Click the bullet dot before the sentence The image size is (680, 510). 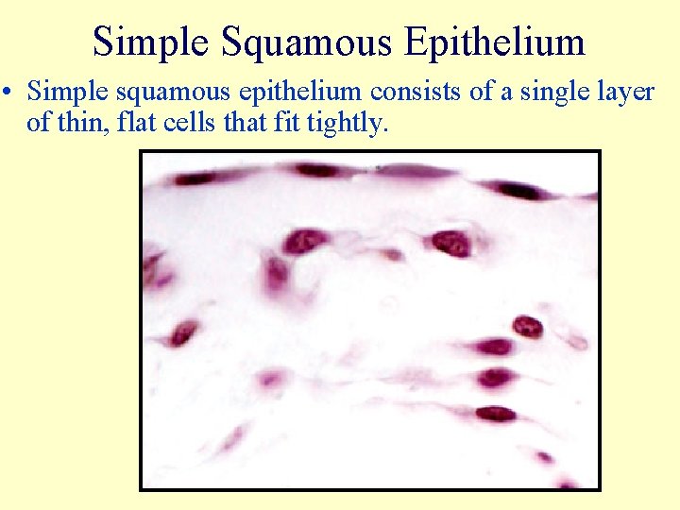click(x=9, y=93)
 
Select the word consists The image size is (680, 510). click(x=406, y=92)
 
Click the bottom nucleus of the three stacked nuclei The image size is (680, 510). click(x=495, y=414)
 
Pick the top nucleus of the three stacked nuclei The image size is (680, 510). click(x=494, y=347)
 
